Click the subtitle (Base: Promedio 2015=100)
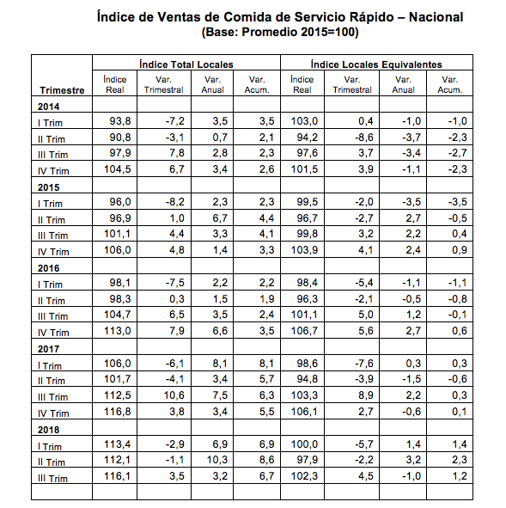(280, 32)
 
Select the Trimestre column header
(62, 90)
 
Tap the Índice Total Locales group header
(186, 64)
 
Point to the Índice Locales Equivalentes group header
(376, 64)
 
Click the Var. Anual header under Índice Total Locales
(212, 84)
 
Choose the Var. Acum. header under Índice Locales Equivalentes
(450, 84)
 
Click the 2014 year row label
(49, 107)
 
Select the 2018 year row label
(49, 430)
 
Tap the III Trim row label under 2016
(52, 316)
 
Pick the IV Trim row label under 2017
(53, 413)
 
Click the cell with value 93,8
(120, 121)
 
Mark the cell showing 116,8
(117, 412)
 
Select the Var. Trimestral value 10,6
(174, 395)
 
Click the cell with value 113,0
(117, 331)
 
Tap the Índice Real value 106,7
(304, 331)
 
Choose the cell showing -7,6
(364, 364)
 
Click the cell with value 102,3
(304, 476)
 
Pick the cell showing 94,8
(308, 379)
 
